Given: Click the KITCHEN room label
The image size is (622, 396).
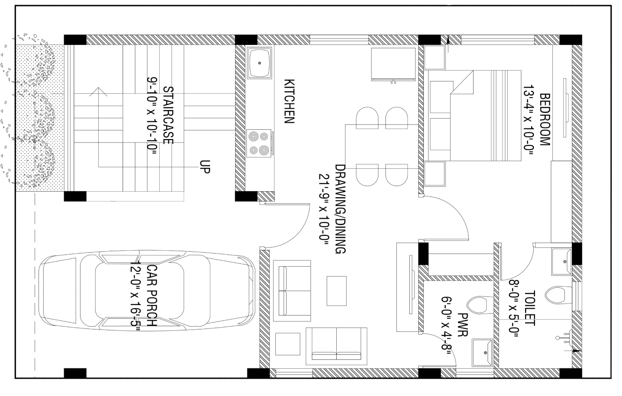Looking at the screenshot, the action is point(289,101).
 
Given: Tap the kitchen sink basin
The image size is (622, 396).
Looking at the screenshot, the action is point(259,63).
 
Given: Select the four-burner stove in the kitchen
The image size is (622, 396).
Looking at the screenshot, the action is point(259,143).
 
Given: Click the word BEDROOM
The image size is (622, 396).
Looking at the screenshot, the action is point(545,120).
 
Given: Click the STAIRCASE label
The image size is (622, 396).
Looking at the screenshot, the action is point(168,115).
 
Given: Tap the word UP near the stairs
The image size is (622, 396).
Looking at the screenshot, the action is point(205,167).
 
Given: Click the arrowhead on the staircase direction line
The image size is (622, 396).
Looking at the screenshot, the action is point(98,92).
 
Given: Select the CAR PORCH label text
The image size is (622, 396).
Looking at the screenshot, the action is point(152,295).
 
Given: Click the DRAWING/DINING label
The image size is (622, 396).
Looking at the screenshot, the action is point(340,209).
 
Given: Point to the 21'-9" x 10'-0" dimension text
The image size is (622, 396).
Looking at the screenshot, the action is point(324,209).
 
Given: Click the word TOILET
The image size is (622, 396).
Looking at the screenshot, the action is point(530,308).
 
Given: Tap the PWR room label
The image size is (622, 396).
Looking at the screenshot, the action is point(463,325).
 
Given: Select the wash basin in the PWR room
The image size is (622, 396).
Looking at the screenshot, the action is point(482,352).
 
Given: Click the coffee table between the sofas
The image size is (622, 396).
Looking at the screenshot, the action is point(337,291).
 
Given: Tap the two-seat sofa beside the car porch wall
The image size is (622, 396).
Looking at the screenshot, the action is point(292,291).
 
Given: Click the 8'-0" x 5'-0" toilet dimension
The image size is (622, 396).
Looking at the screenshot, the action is point(514,308).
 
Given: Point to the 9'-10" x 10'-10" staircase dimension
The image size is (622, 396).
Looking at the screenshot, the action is point(152,120).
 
